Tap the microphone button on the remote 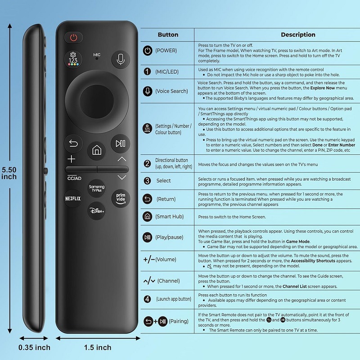121,59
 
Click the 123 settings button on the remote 73,59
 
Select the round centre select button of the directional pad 97,102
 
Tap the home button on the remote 97,150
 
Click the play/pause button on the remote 121,144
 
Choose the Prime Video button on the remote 121,198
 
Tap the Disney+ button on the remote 97,211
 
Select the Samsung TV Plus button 97,188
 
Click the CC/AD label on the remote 74,178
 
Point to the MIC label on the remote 97,54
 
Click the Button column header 168,35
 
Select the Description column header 298,35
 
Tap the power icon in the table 148,50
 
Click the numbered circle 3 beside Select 147,181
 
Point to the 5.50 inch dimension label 9,173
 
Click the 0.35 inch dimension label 35,347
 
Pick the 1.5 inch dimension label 98,347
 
